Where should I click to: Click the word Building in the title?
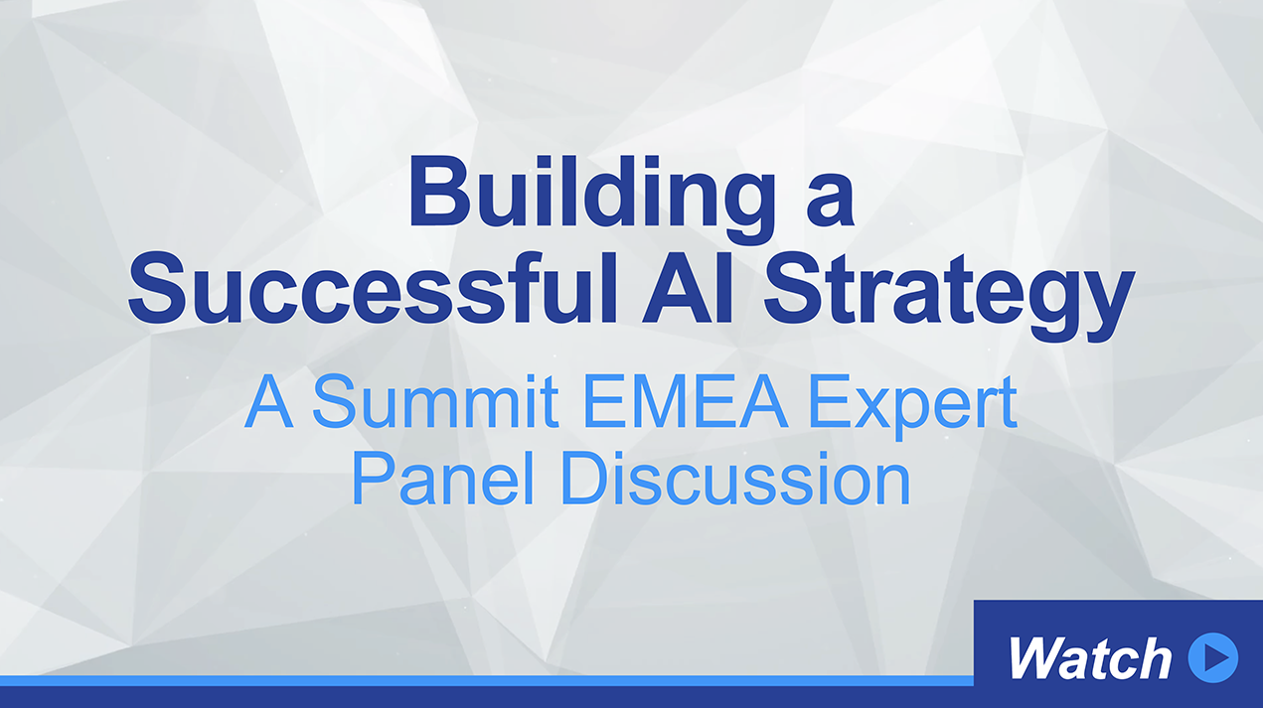click(593, 200)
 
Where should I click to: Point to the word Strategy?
click(948, 296)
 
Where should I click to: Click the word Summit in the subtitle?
click(435, 401)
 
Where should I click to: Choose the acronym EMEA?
click(686, 401)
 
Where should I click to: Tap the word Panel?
click(442, 477)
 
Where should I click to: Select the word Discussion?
click(735, 477)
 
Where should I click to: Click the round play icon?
click(1213, 658)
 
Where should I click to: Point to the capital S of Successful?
click(157, 288)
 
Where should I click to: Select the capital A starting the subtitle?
click(268, 401)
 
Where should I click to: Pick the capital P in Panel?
click(374, 477)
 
